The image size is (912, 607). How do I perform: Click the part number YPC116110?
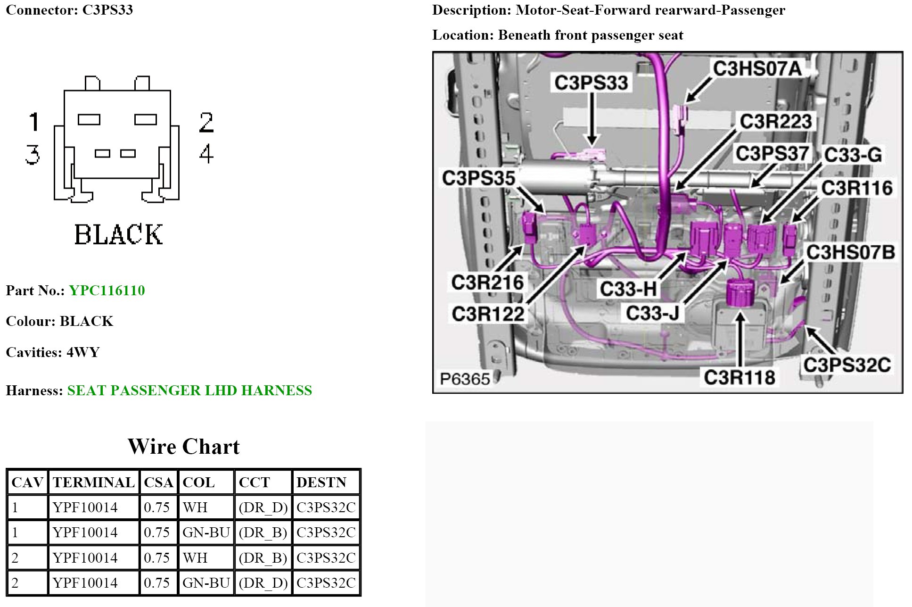(x=107, y=291)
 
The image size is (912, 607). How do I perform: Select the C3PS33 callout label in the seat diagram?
(x=591, y=83)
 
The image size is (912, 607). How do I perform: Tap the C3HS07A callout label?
(x=756, y=69)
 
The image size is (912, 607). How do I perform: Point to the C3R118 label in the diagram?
(x=739, y=377)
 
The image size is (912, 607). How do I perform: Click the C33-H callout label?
(x=628, y=289)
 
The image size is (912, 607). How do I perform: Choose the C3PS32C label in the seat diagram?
(x=846, y=365)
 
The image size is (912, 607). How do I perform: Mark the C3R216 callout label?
(x=487, y=283)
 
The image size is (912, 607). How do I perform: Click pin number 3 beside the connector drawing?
(x=33, y=155)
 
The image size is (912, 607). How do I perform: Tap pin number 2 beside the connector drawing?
(x=206, y=123)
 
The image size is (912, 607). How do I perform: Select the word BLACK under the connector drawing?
(x=118, y=234)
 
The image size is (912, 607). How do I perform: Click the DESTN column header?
(x=321, y=482)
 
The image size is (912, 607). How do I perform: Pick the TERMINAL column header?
(x=93, y=482)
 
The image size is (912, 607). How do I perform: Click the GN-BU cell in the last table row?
(x=206, y=583)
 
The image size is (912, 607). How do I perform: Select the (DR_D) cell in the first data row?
(x=263, y=507)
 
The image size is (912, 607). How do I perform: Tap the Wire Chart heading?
(x=183, y=446)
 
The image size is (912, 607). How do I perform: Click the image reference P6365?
(x=465, y=379)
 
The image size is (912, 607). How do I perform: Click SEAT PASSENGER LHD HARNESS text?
(x=189, y=391)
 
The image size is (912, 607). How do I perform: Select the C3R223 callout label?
(x=775, y=122)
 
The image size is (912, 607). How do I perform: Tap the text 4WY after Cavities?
(x=83, y=352)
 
